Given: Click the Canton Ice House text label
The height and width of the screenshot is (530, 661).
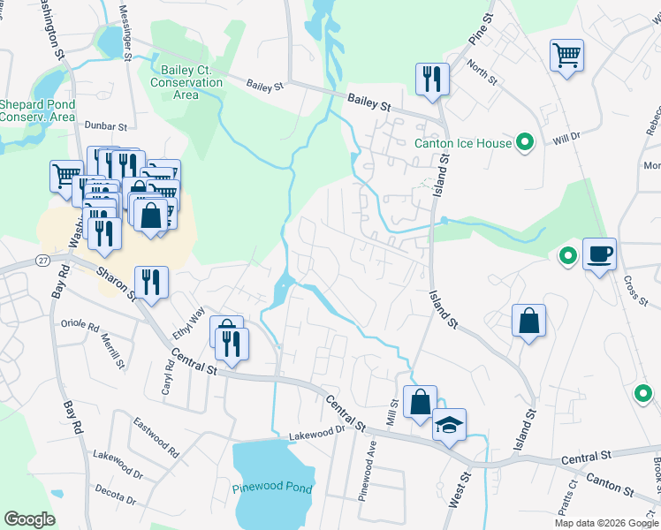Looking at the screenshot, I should [x=464, y=143].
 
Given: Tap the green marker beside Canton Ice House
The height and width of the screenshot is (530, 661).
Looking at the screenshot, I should [x=525, y=142].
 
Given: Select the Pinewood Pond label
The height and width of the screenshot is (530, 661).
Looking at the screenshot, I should [x=272, y=488].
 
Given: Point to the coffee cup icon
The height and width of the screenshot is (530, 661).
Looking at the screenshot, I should [x=599, y=255].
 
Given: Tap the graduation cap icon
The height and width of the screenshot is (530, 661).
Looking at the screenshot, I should [x=449, y=425].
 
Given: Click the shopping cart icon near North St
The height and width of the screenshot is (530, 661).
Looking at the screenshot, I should [x=566, y=56].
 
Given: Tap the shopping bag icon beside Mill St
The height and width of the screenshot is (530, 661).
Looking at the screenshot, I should [x=420, y=402].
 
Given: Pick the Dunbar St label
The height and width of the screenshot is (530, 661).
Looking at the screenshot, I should [x=106, y=127].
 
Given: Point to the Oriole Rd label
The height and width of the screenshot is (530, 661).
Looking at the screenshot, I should [x=79, y=324].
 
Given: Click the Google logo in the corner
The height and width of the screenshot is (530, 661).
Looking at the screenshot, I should [x=30, y=519].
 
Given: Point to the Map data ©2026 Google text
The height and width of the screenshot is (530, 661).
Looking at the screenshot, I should [x=605, y=522].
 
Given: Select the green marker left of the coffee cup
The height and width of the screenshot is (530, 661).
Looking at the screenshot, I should [x=567, y=257].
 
